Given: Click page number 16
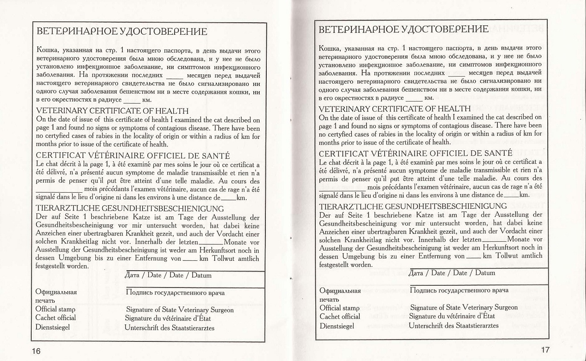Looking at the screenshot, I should tap(36, 351).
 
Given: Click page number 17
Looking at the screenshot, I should tap(545, 349).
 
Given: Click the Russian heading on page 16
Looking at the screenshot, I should tap(121, 32).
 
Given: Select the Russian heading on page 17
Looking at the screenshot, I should tap(404, 29).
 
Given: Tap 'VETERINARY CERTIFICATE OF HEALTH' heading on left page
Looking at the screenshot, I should tap(112, 111).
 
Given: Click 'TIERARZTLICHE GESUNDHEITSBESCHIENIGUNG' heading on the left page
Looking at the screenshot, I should tap(130, 208).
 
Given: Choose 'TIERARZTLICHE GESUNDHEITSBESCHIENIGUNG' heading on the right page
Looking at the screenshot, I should tap(413, 206).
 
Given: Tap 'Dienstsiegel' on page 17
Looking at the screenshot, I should tap(337, 326).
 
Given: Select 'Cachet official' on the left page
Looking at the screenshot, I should tap(56, 318).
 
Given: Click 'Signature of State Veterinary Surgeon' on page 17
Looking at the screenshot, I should tap(464, 308).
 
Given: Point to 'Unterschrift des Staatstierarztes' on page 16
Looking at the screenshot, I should tap(169, 328).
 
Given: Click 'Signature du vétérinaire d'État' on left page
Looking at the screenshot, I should tap(168, 319).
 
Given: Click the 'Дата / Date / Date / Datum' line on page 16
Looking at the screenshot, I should tap(169, 275).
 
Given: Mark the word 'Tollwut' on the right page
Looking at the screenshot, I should tap(507, 256).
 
